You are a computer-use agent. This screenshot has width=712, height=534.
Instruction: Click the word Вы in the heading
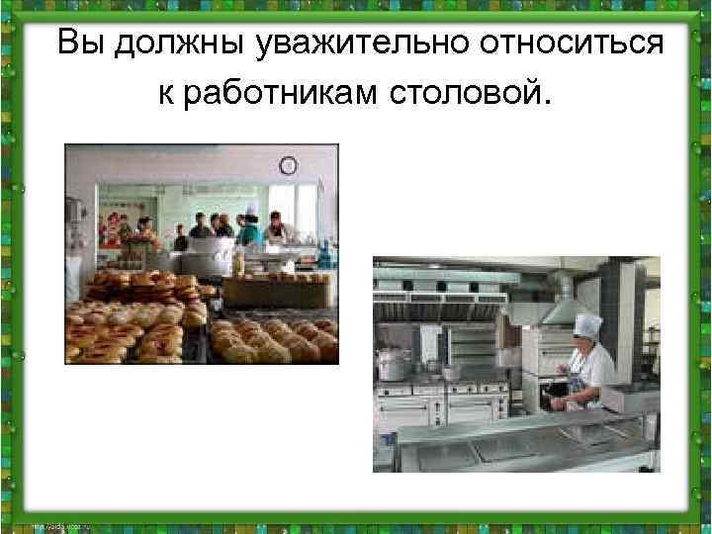(x=82, y=44)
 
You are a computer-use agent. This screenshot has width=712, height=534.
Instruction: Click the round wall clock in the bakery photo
(x=289, y=165)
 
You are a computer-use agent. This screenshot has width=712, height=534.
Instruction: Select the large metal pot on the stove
(x=394, y=364)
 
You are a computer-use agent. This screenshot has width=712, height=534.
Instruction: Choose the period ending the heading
(x=541, y=105)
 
